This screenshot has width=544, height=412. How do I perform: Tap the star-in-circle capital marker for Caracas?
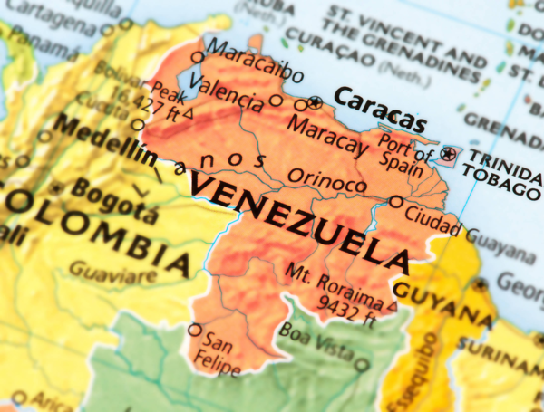(315, 101)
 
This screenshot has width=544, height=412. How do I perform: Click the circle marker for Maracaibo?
(198, 58)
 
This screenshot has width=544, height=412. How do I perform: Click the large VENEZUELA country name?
(299, 221)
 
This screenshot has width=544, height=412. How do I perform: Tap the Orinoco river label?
(327, 180)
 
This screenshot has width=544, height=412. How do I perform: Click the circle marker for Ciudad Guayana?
(396, 201)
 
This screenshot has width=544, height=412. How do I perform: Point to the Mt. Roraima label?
(333, 283)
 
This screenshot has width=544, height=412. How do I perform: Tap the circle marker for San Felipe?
(194, 330)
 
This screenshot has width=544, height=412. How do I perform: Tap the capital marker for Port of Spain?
(447, 154)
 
